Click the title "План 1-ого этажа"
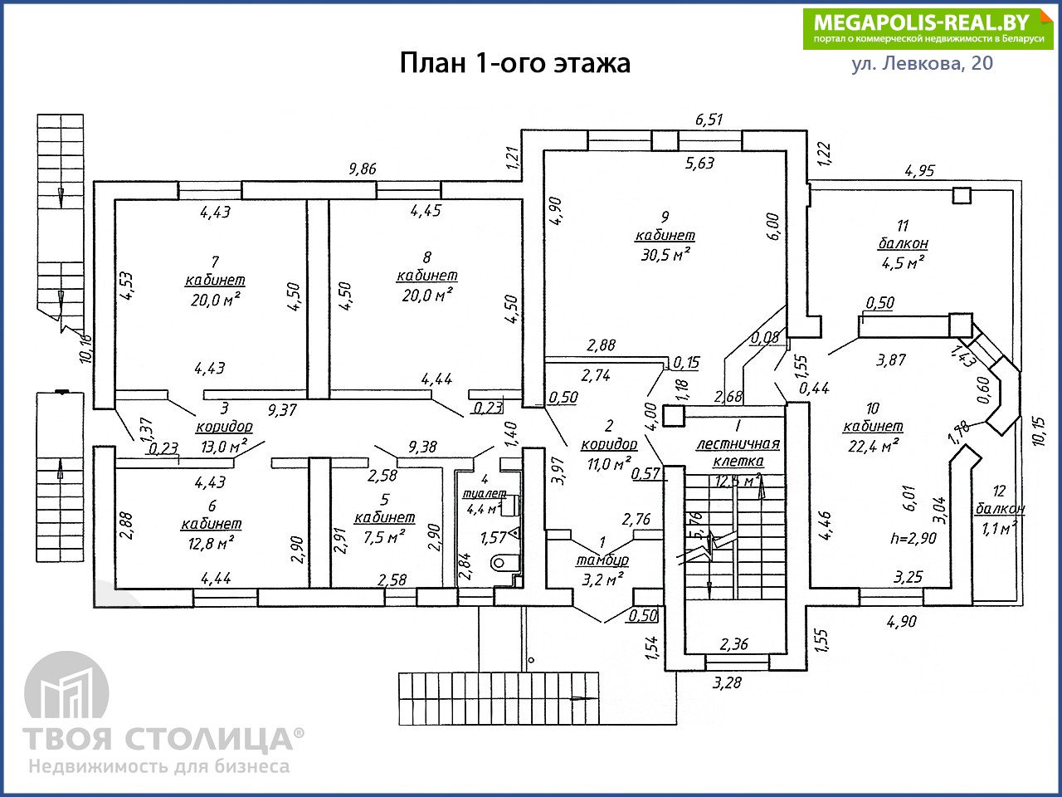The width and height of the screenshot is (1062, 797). pyautogui.click(x=514, y=63)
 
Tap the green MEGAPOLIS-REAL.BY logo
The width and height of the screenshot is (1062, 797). pyautogui.click(x=928, y=29)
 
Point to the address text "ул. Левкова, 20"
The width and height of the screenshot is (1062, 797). pyautogui.click(x=922, y=63)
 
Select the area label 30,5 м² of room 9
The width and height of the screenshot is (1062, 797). pyautogui.click(x=665, y=255)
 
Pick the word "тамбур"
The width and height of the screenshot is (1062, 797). pyautogui.click(x=602, y=560)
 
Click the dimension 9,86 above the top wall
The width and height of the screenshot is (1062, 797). pyautogui.click(x=363, y=169)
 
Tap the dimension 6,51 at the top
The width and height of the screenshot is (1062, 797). pyautogui.click(x=709, y=120)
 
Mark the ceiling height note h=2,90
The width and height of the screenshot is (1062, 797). pyautogui.click(x=913, y=538)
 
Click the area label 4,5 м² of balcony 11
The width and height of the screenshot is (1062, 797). pyautogui.click(x=903, y=263)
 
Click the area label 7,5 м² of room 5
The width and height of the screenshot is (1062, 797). pyautogui.click(x=384, y=536)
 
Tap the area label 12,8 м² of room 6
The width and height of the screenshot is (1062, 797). pyautogui.click(x=211, y=544)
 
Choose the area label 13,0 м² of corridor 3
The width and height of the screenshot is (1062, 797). pyautogui.click(x=224, y=446)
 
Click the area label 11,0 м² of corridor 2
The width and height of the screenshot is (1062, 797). pyautogui.click(x=609, y=464)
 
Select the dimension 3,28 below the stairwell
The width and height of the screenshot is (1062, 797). pyautogui.click(x=727, y=682)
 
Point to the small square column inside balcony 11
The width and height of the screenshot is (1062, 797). pyautogui.click(x=962, y=195)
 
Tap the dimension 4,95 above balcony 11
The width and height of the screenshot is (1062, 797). pyautogui.click(x=920, y=171)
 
